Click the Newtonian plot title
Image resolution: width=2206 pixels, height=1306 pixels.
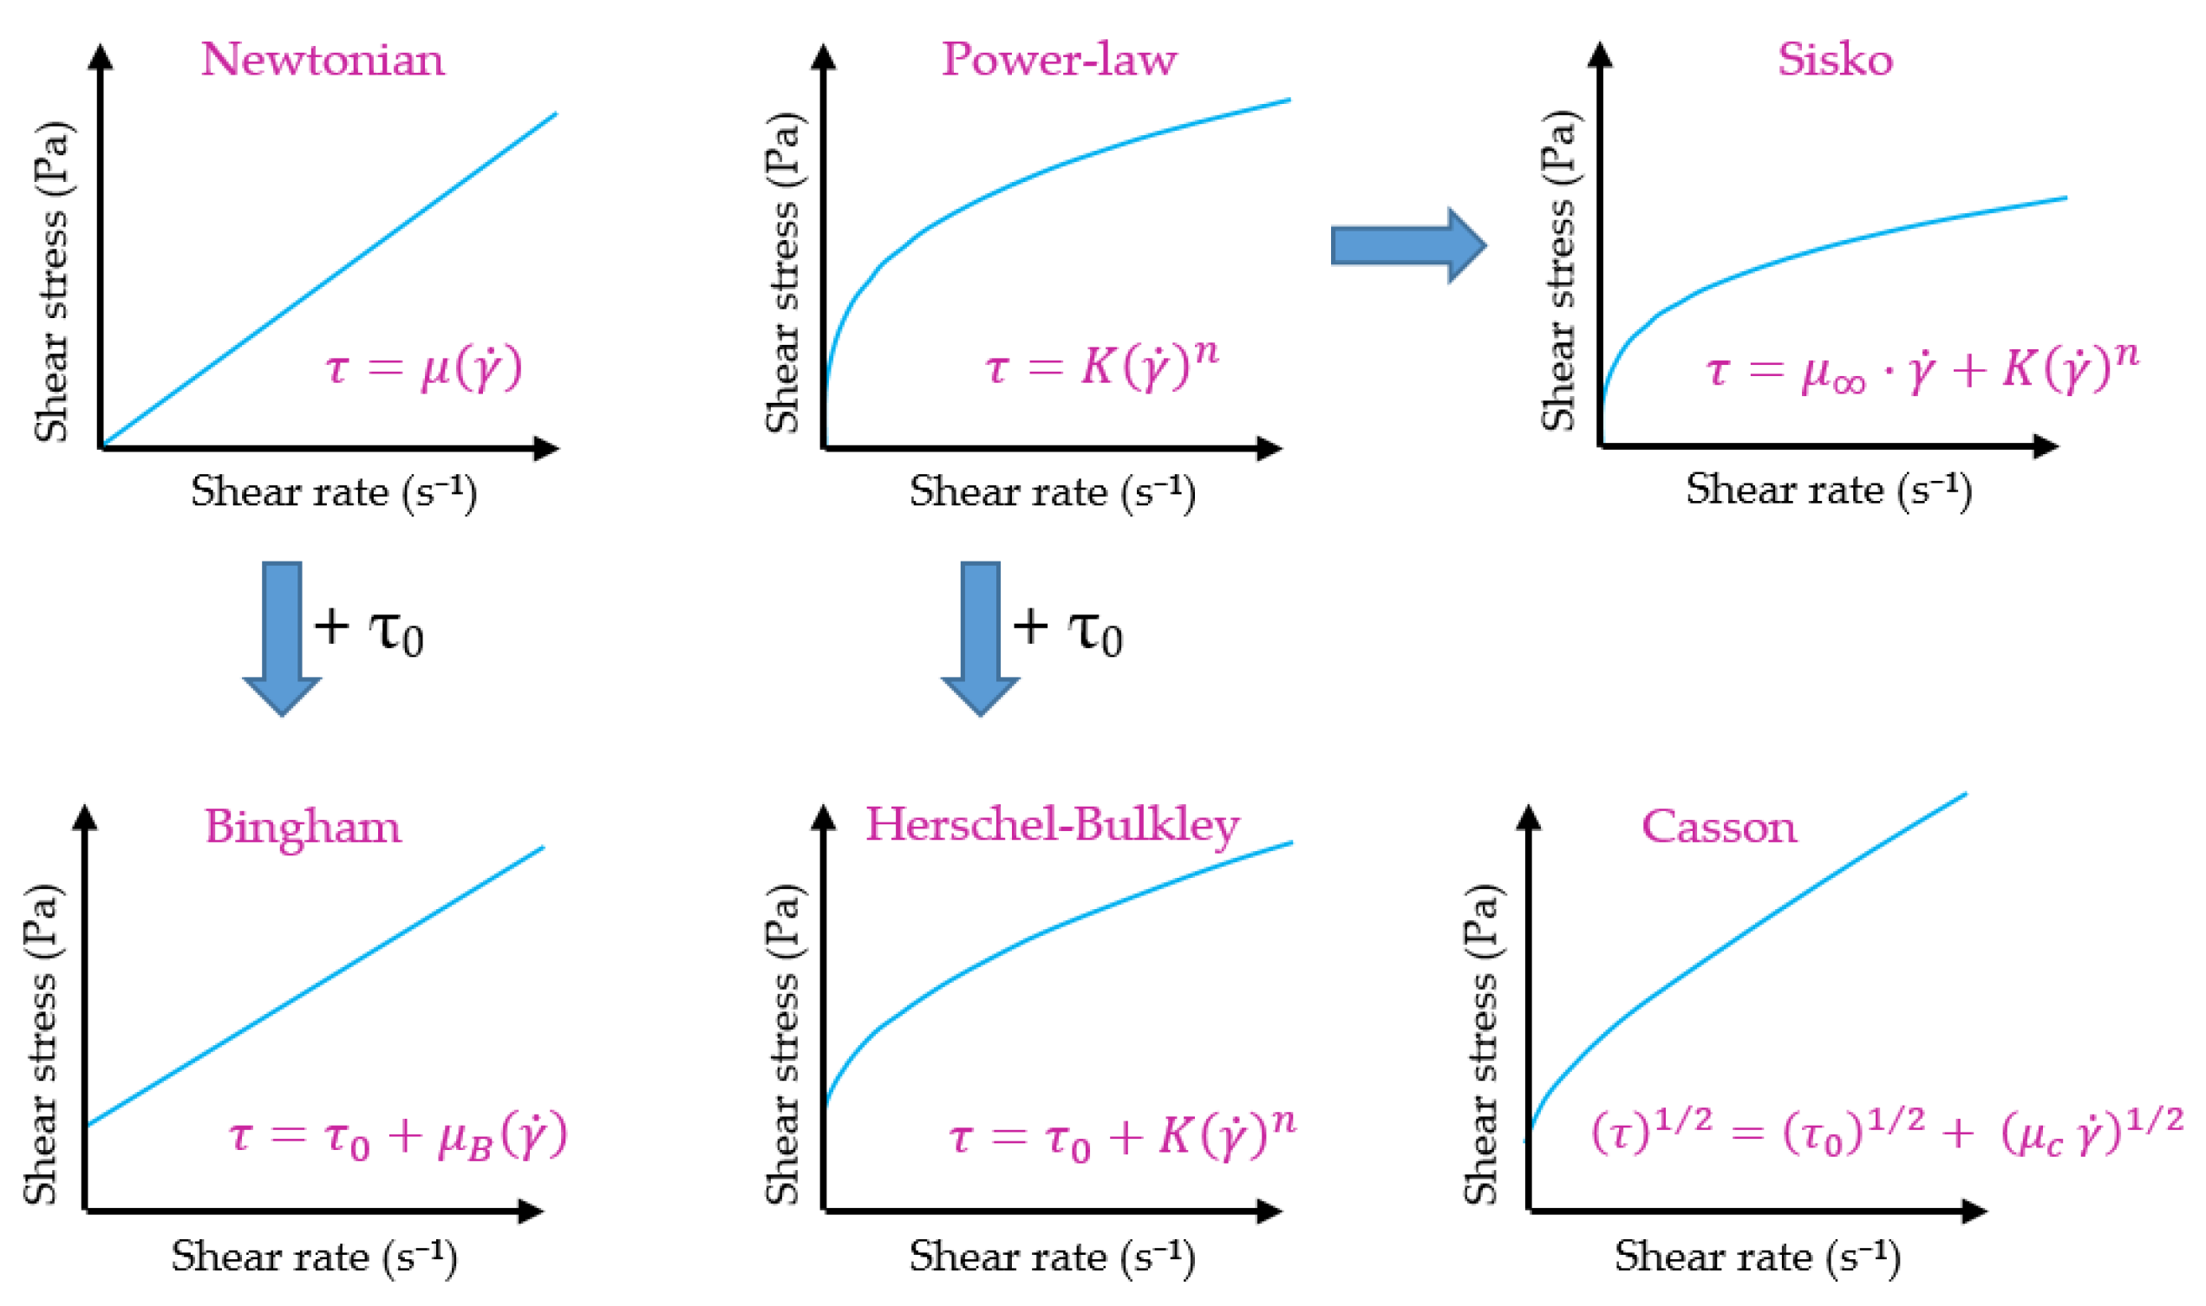click(323, 60)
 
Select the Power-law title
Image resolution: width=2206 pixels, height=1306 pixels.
click(1058, 60)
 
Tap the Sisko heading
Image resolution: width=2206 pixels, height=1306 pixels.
click(1835, 60)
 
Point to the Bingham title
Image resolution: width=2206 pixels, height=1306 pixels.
click(302, 828)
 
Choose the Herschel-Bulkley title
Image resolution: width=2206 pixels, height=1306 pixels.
click(1052, 826)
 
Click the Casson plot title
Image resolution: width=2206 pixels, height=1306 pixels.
click(1719, 828)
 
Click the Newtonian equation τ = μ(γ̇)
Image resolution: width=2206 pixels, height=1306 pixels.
click(423, 367)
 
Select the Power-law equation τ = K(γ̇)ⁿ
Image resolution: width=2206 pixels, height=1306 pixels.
click(1101, 364)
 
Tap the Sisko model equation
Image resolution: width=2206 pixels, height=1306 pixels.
click(1922, 367)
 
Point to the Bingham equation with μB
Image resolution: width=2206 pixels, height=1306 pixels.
click(398, 1136)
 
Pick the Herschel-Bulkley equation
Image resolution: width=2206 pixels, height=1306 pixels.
click(1121, 1136)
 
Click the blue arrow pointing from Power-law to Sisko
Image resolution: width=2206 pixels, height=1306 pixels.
click(1407, 245)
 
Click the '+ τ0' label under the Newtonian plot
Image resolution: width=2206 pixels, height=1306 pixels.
click(369, 630)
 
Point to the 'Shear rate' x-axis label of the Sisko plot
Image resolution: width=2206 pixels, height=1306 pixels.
click(1828, 490)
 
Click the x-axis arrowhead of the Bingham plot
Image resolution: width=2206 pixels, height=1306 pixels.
click(530, 1212)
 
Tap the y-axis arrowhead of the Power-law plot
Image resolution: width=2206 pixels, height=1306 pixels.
click(823, 57)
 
